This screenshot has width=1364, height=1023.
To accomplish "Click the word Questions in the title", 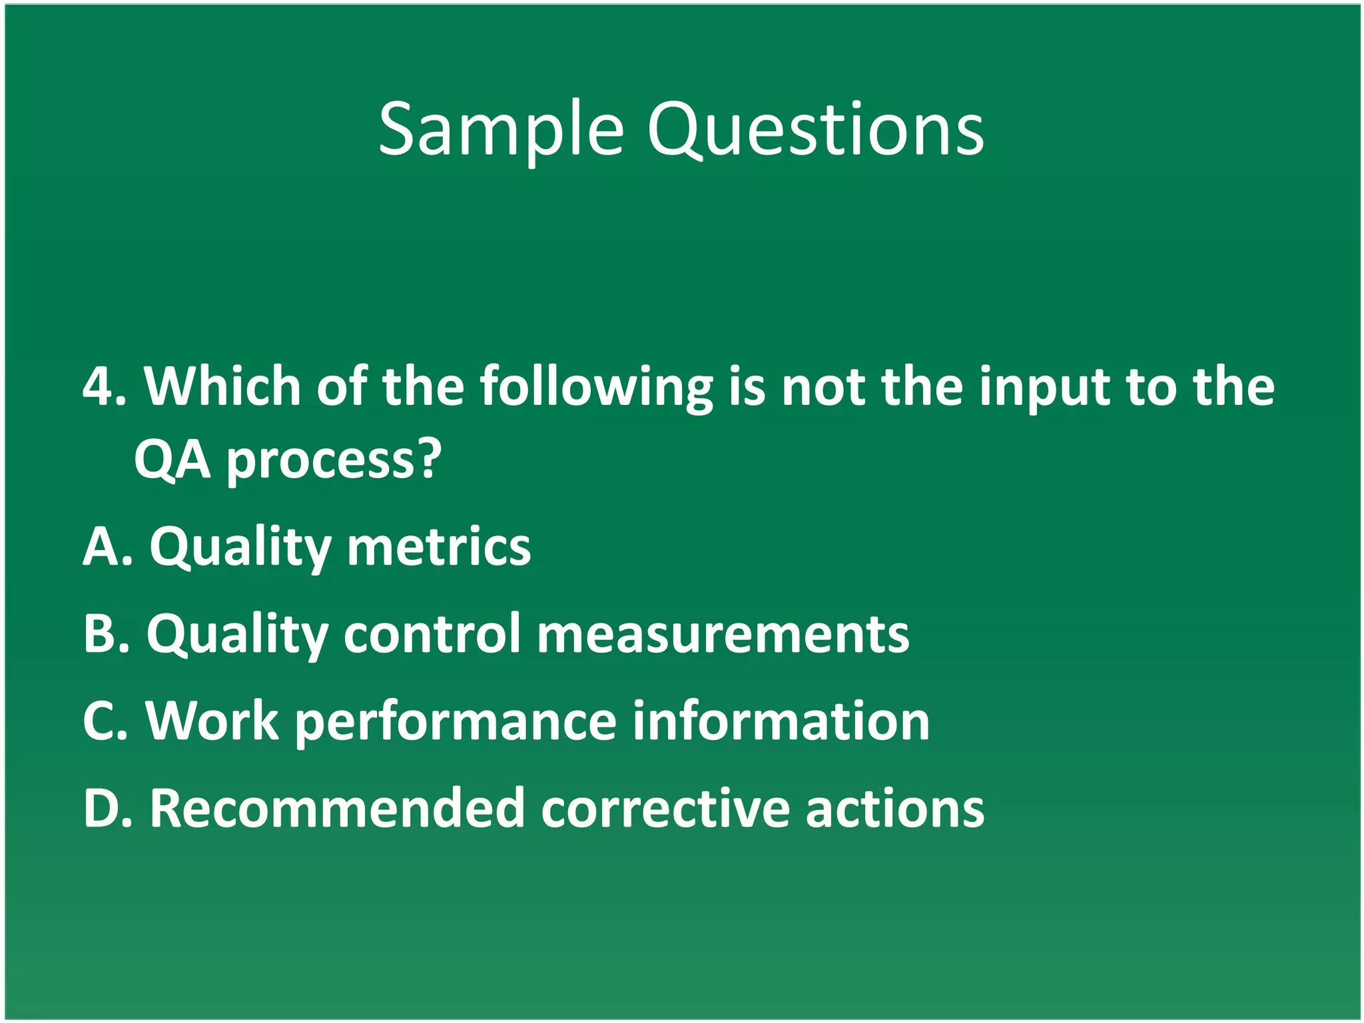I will click(815, 130).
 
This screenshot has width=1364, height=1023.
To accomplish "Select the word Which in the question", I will click(222, 387).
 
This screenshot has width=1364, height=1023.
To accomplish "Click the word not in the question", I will click(823, 387).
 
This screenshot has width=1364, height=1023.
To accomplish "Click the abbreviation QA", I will click(172, 460).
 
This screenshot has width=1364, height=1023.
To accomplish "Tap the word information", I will click(780, 721).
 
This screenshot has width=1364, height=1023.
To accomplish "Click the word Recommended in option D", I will click(337, 809).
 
